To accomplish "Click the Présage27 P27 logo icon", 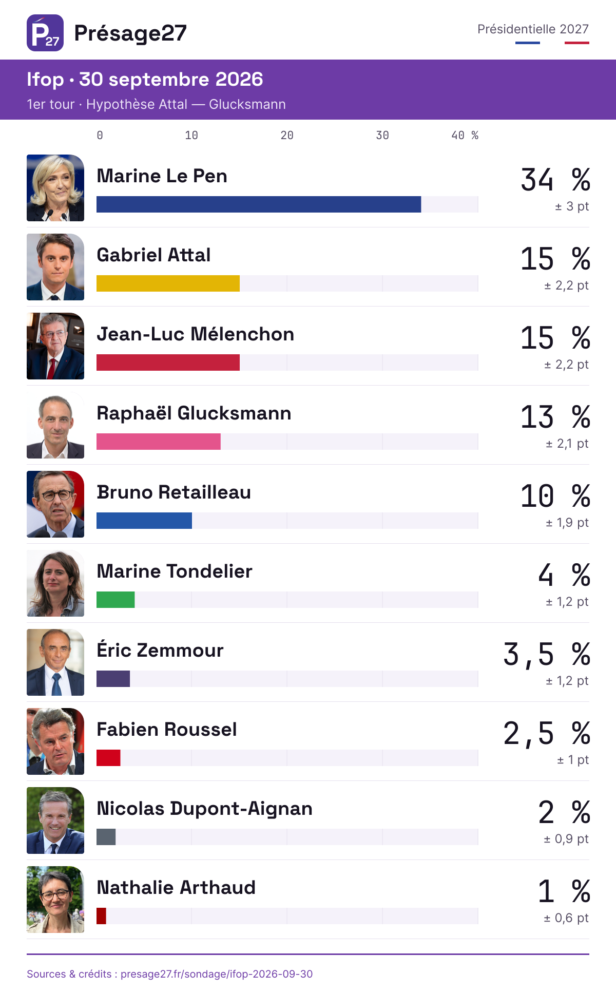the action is coord(45,33).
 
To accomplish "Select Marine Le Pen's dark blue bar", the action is coord(259,204).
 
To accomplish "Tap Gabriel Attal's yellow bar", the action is coord(168,283).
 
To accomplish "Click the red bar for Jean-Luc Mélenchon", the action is coord(168,362).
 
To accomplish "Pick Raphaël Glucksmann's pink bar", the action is coord(159,442).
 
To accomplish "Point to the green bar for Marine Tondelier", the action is coord(115,600).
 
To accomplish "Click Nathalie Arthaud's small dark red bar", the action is coord(101,916).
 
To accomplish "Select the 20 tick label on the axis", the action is coord(287,136).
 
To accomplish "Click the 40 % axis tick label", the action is coord(465,136).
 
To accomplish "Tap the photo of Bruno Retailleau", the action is coord(55,504).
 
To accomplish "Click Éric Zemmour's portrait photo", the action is coord(55,662).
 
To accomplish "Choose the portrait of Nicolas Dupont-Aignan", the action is coord(55,820).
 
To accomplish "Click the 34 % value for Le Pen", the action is coord(555,180).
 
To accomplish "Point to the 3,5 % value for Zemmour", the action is coord(547,655).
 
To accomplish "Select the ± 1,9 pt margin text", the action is coord(567,523).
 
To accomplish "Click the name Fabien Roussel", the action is coord(167,729).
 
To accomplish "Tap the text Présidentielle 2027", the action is coord(533,29).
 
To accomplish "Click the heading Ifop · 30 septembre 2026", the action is coord(145,80).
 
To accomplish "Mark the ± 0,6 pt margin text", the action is coord(566,918).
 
